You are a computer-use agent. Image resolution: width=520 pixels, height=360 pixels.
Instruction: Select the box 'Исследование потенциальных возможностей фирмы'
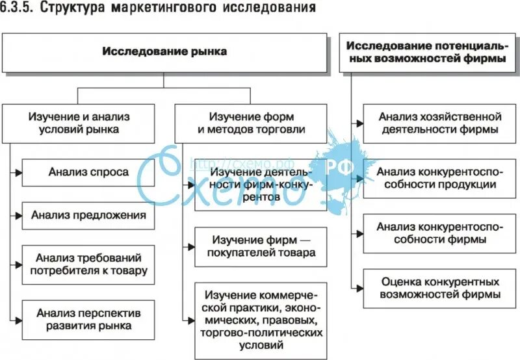[426, 52]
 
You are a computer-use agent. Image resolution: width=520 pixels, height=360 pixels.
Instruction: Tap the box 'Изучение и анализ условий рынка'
[78, 123]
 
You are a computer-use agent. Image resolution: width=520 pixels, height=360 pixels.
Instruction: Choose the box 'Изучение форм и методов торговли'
[251, 123]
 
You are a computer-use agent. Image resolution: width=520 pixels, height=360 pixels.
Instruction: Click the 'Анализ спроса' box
[88, 172]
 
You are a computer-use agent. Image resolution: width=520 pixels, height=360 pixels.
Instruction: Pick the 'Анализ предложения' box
[88, 215]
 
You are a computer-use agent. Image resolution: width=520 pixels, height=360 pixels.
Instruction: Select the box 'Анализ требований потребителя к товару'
[88, 264]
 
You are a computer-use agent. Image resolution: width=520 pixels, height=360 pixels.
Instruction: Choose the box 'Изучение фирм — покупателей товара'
[261, 246]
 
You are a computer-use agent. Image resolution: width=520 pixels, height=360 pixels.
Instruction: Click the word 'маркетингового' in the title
[183, 9]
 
